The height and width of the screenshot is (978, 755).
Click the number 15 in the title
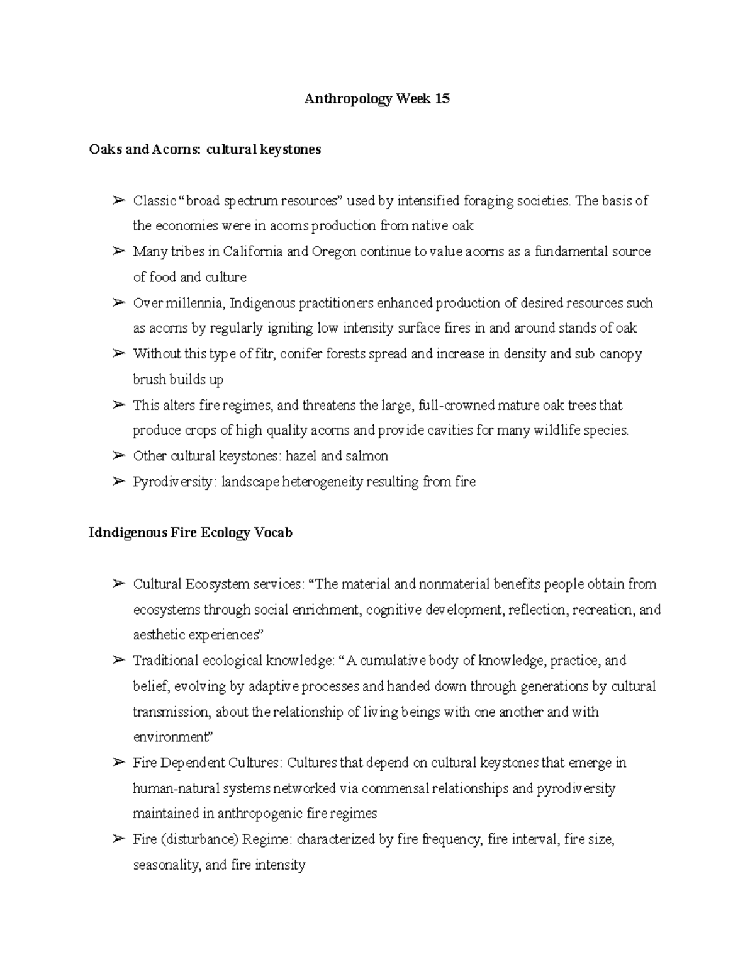(442, 99)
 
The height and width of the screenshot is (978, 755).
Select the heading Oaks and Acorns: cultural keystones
(205, 150)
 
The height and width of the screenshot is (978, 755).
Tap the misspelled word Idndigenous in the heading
(128, 533)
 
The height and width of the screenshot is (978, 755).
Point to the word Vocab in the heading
(273, 533)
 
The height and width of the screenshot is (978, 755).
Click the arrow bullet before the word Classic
(118, 201)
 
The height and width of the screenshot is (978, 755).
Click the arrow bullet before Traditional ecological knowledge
(118, 661)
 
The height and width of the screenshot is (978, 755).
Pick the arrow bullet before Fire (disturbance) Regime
(118, 839)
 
